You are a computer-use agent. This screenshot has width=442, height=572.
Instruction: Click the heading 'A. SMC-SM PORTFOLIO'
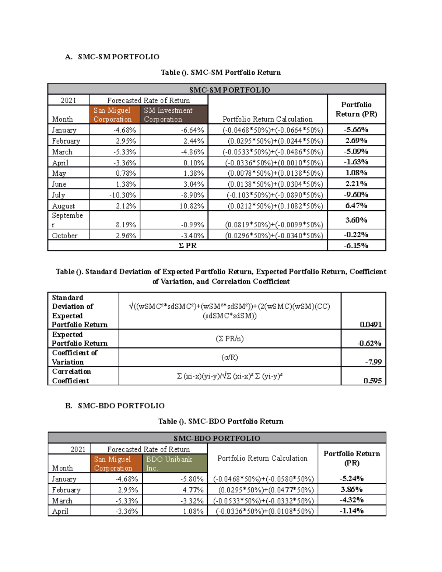(x=112, y=57)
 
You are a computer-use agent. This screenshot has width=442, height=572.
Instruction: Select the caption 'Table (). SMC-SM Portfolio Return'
(x=221, y=73)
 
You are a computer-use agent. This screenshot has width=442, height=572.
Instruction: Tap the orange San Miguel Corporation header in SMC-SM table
(x=114, y=115)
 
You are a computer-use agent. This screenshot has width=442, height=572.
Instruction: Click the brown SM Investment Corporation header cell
(x=173, y=115)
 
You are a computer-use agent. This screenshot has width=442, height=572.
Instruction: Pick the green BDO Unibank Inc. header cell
(x=174, y=463)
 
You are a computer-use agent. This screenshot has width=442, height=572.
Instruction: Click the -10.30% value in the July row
(x=122, y=195)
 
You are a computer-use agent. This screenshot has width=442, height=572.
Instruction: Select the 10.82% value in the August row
(x=192, y=206)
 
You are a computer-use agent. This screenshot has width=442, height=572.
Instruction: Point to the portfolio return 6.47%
(x=356, y=206)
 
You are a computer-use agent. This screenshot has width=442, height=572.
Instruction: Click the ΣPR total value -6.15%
(x=356, y=246)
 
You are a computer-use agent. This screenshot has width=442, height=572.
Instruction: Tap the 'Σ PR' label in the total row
(x=187, y=246)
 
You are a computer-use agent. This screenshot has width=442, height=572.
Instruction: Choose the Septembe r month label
(x=68, y=220)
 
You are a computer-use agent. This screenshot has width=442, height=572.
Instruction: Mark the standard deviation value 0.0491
(x=371, y=324)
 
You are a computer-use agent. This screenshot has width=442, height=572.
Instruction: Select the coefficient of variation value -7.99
(x=373, y=362)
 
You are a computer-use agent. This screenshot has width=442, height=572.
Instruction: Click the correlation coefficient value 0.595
(x=372, y=381)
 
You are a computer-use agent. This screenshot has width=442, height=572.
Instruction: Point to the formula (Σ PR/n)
(x=229, y=338)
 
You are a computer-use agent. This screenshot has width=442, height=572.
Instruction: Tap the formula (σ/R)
(x=229, y=357)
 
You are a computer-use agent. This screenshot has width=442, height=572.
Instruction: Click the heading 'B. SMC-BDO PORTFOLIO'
(x=115, y=406)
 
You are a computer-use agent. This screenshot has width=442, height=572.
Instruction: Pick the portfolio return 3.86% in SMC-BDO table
(x=351, y=489)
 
